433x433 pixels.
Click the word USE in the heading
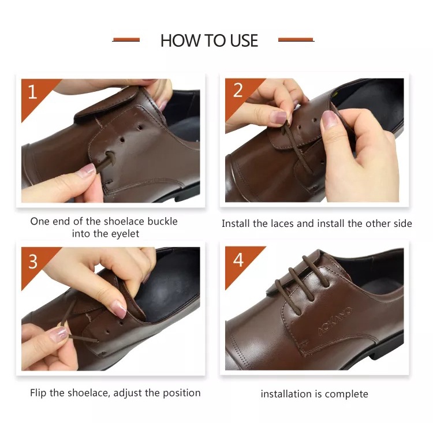244,40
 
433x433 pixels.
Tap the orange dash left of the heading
126,40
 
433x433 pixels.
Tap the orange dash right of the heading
296,40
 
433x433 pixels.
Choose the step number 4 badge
238,261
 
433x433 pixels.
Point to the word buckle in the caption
162,221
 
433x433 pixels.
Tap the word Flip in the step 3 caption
38,393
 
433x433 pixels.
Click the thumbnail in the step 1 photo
87,169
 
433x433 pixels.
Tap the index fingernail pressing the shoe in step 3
120,309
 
